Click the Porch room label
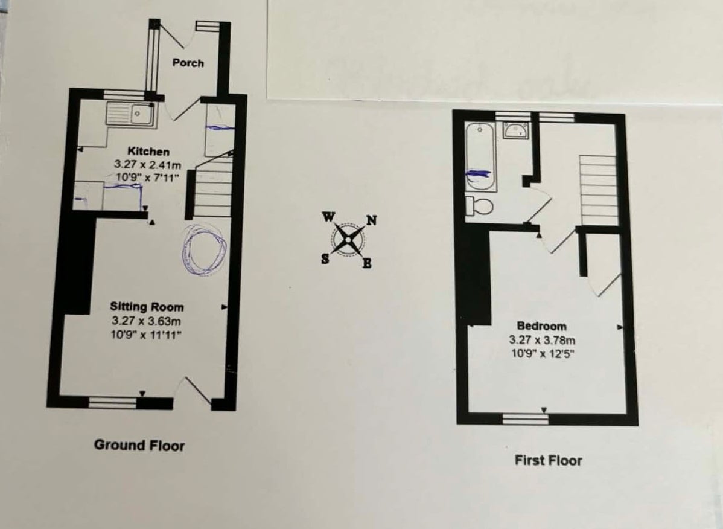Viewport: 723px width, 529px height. [x=188, y=63]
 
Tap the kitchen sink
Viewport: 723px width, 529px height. [x=132, y=114]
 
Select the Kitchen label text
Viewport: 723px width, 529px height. [x=148, y=152]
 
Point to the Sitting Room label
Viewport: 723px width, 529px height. [x=147, y=307]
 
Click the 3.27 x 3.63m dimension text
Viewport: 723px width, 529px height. [x=146, y=321]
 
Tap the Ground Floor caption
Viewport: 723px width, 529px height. [x=139, y=445]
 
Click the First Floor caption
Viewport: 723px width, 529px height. [x=548, y=460]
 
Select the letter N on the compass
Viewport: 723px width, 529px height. [x=372, y=221]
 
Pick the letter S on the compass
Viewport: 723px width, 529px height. [x=325, y=260]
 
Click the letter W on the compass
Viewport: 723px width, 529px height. [x=328, y=217]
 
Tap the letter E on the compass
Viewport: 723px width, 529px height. [x=367, y=263]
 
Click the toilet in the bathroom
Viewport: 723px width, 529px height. [x=480, y=206]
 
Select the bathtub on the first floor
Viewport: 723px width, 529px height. [x=481, y=157]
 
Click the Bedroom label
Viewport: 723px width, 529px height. [x=541, y=326]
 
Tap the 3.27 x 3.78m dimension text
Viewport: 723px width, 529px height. [x=542, y=341]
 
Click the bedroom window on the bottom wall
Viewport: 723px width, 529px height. [x=525, y=418]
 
